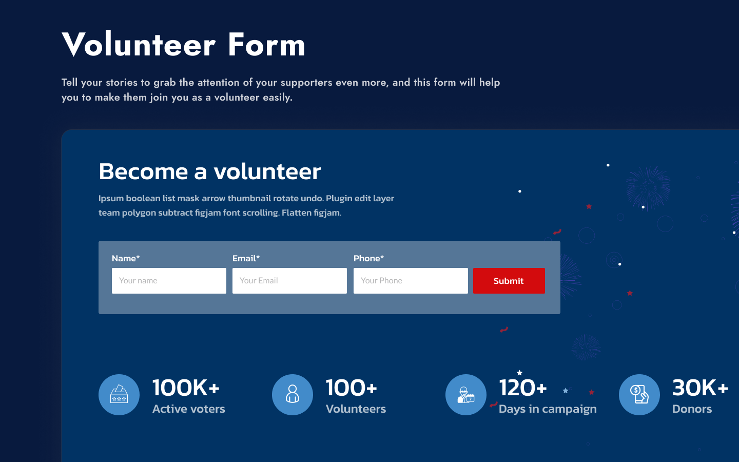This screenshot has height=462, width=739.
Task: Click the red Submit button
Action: click(x=509, y=281)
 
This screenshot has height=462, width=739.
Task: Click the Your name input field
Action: click(x=169, y=281)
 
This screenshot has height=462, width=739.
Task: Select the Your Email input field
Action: click(x=289, y=281)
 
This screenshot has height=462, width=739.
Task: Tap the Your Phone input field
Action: click(x=411, y=281)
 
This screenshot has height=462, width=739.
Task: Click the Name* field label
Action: click(x=126, y=258)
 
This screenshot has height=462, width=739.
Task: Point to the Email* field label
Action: click(x=246, y=258)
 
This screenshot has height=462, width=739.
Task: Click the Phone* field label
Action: click(x=368, y=258)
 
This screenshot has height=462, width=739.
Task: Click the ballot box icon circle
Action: click(x=119, y=395)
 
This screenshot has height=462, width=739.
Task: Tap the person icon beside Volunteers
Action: click(x=293, y=395)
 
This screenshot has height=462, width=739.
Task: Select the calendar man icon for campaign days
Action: click(x=466, y=395)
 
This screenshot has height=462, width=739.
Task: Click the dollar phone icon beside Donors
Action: click(x=639, y=395)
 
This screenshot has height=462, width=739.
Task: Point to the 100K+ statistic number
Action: click(x=186, y=388)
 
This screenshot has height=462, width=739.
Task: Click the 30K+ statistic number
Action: click(x=701, y=388)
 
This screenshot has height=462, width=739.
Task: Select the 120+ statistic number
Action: click(x=523, y=388)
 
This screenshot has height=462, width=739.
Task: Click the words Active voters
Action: click(x=189, y=409)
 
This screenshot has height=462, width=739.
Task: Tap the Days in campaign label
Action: click(x=548, y=409)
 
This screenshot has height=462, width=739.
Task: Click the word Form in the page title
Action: click(x=266, y=45)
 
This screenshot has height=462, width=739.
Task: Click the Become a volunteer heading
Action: click(x=210, y=171)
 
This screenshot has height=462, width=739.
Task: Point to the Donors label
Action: click(x=692, y=409)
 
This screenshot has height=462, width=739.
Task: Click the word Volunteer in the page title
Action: click(x=139, y=45)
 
